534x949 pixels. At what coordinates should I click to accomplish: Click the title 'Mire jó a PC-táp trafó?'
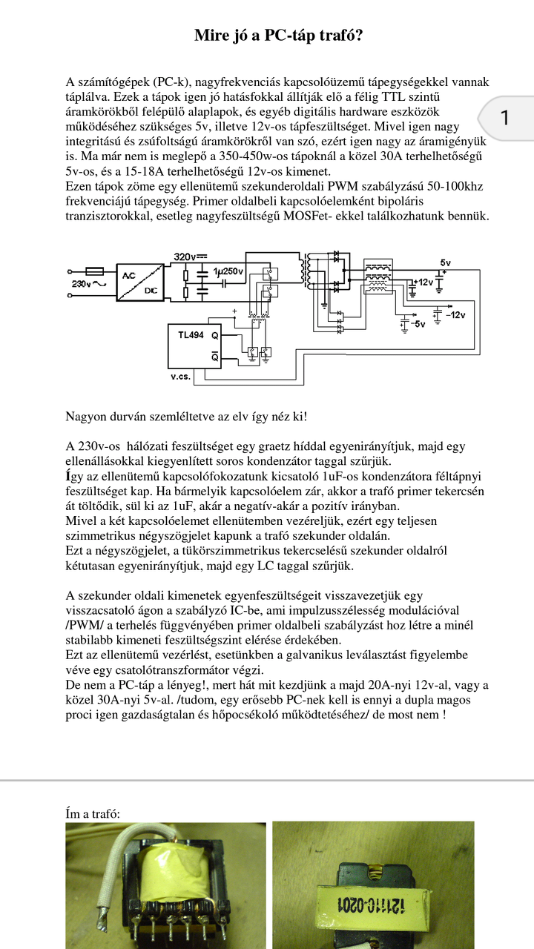[x=278, y=36]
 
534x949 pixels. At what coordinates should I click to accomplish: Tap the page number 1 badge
[x=505, y=117]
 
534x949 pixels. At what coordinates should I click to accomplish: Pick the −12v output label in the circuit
[x=455, y=314]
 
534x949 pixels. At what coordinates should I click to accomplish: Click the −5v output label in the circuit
[x=418, y=324]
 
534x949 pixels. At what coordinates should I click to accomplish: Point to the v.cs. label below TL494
[x=180, y=377]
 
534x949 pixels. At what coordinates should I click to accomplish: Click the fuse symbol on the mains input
[x=94, y=272]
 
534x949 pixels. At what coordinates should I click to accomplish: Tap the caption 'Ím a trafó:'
[x=93, y=814]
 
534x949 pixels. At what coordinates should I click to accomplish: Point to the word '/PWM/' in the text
[x=82, y=625]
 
